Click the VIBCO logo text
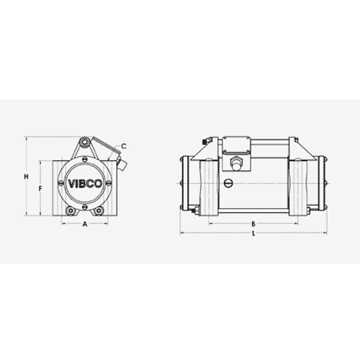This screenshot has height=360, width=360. pyautogui.click(x=86, y=182)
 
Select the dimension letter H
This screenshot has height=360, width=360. pyautogui.click(x=25, y=176)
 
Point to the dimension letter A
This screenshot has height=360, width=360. pyautogui.click(x=85, y=225)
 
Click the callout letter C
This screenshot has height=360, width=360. pyautogui.click(x=123, y=146)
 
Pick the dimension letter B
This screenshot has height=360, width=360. pyautogui.click(x=253, y=224)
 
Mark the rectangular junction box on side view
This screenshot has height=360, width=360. pyautogui.click(x=235, y=147)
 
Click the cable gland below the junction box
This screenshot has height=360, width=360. pyautogui.click(x=235, y=165)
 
